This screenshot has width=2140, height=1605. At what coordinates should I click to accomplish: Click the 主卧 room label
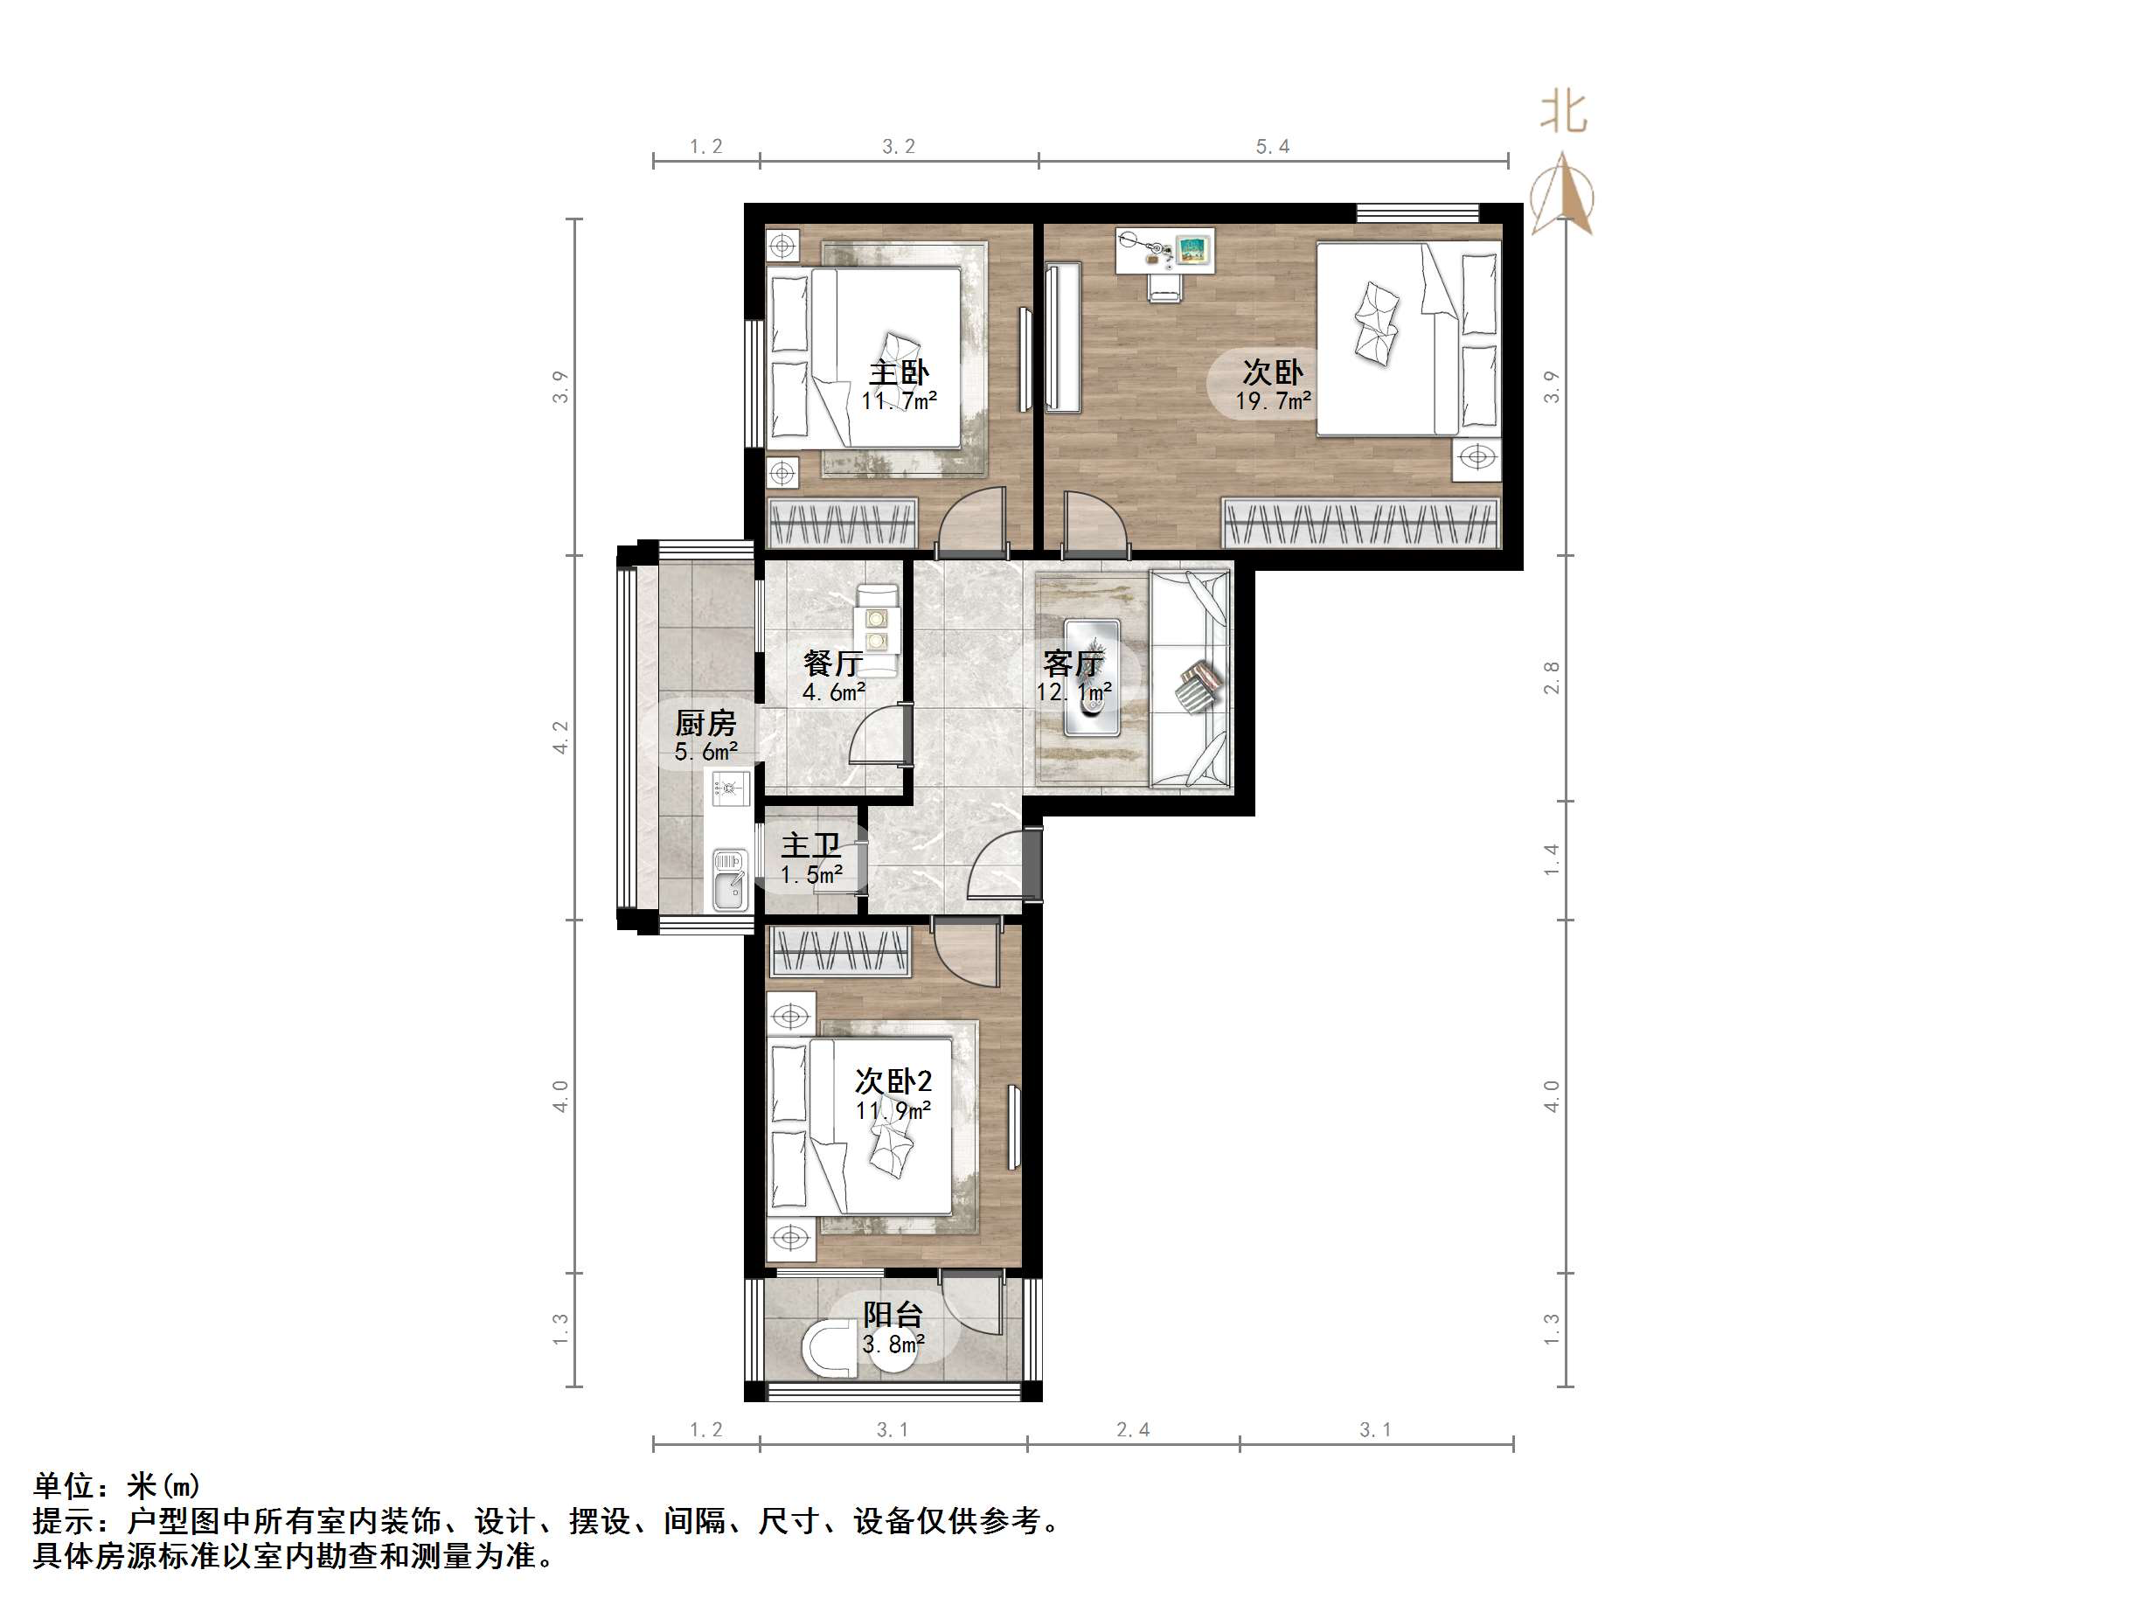coord(899,372)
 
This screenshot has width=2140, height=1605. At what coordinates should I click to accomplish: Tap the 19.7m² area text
coord(1272,401)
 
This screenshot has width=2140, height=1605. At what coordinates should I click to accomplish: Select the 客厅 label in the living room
coord(1072,664)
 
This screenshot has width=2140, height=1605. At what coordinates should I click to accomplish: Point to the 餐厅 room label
coord(832,663)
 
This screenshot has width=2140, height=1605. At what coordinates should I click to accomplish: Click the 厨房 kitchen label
coord(705,723)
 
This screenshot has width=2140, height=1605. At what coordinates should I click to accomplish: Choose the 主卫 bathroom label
coord(809,845)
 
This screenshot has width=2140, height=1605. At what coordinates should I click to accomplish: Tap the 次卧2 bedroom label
coord(893,1081)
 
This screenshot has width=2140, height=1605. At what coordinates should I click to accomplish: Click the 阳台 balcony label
coord(892,1315)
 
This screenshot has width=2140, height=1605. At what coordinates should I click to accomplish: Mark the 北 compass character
coord(1563,111)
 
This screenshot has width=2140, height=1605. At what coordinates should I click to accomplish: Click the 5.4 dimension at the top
coord(1272,147)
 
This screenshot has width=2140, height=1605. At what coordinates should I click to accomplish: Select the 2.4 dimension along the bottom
coord(1133,1430)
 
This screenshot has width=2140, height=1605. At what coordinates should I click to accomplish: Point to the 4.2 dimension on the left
coord(561,737)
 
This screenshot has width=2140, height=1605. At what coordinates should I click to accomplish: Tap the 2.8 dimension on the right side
coord(1552,677)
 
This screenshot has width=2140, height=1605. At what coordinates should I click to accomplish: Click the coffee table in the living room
coord(1092,678)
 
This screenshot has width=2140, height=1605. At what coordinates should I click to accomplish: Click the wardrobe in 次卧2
coord(841,951)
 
